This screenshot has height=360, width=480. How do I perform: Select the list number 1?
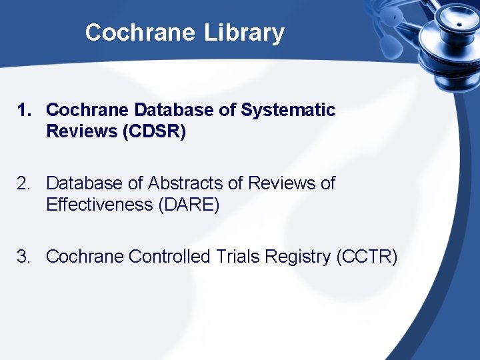(x=25, y=110)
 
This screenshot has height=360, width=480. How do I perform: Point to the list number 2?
(x=25, y=183)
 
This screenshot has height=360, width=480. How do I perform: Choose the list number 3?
(x=25, y=257)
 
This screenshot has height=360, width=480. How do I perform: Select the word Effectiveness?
(x=99, y=205)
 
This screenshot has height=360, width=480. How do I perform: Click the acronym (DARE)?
(x=189, y=205)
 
